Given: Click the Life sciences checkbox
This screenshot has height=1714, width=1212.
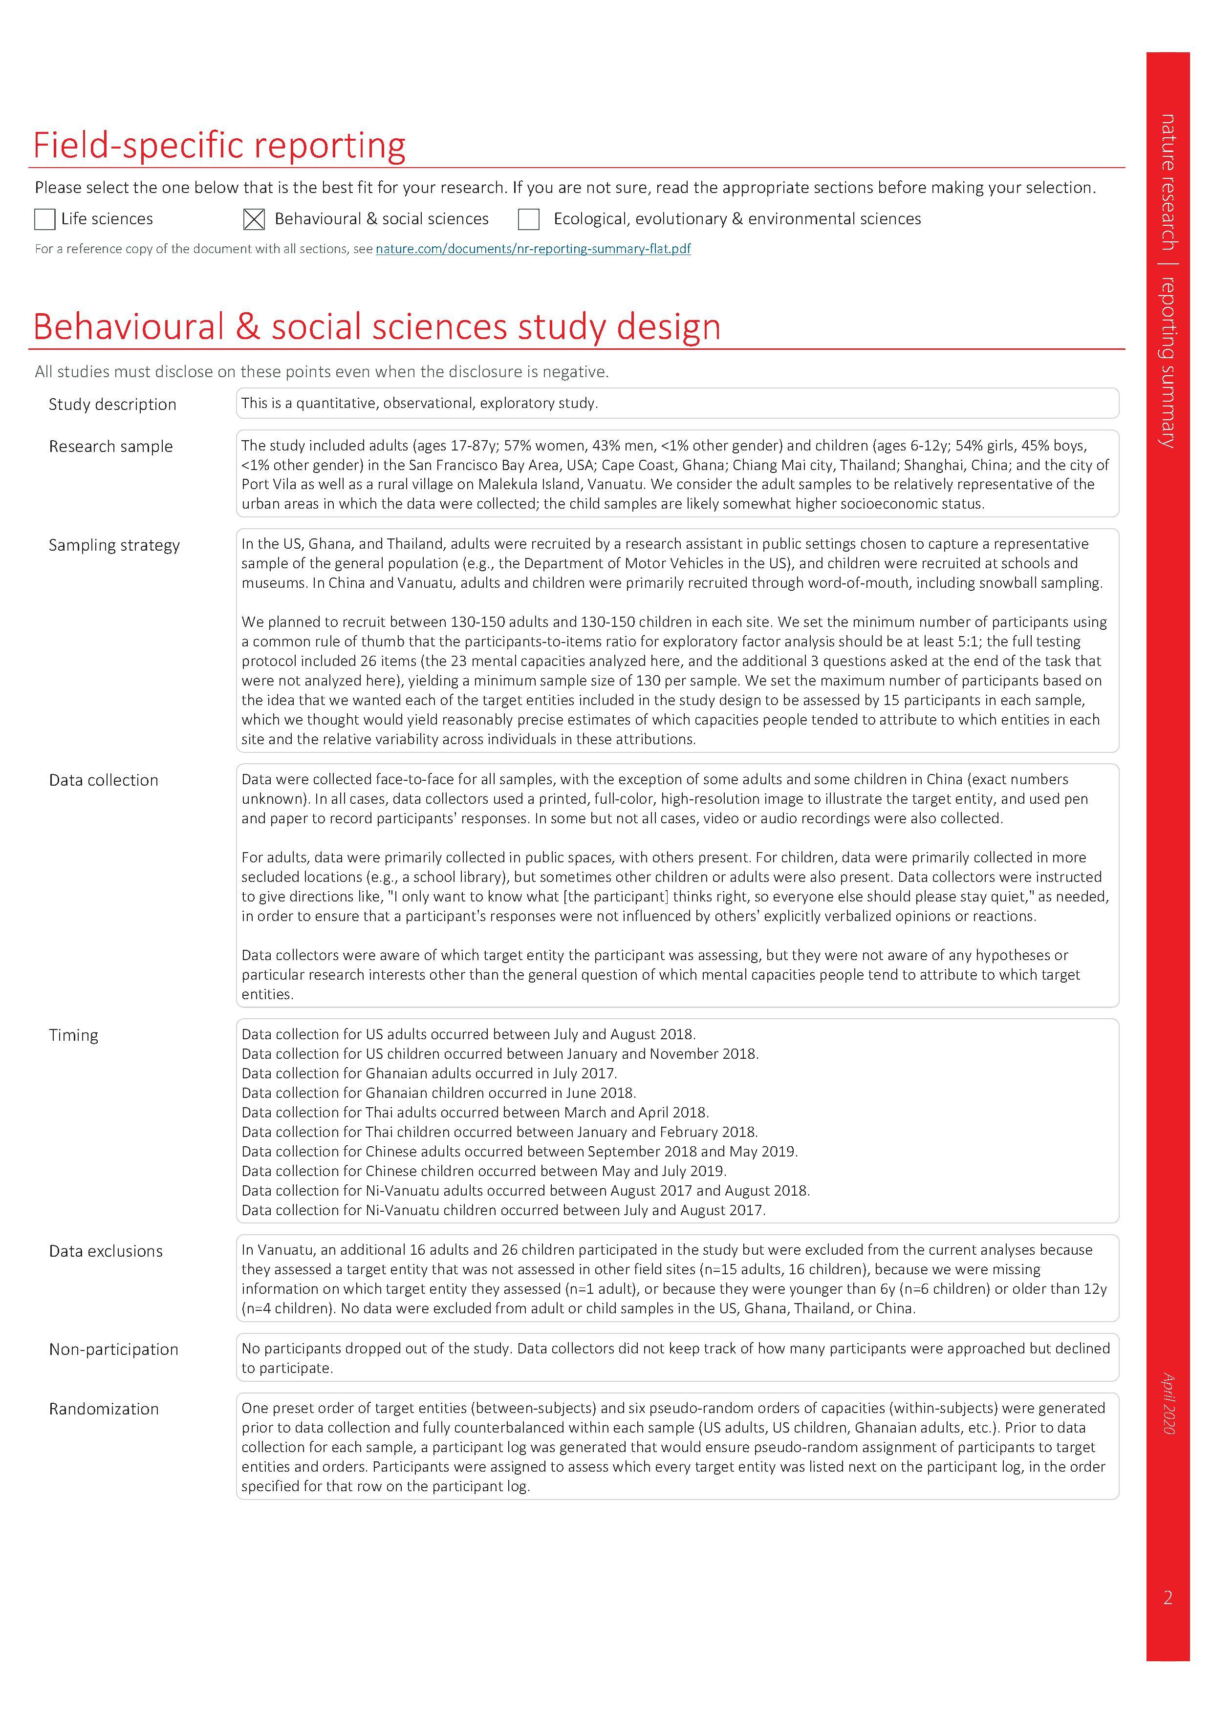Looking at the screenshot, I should [x=45, y=219].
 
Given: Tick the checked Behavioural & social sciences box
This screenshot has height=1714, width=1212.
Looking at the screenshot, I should [x=254, y=219].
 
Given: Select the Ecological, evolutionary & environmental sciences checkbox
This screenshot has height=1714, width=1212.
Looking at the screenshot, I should [x=529, y=219].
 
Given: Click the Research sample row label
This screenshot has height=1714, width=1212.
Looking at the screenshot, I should [x=110, y=447].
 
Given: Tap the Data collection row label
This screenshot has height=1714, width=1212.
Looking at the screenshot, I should [x=104, y=780].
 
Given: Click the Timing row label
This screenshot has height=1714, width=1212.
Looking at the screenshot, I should [x=73, y=1035].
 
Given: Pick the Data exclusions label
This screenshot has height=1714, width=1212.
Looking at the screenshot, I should [x=105, y=1251].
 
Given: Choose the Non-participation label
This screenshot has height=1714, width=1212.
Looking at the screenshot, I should [x=113, y=1349].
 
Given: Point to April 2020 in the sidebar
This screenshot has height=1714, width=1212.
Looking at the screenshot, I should [x=1168, y=1403].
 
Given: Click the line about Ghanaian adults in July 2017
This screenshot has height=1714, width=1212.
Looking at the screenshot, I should [x=429, y=1073].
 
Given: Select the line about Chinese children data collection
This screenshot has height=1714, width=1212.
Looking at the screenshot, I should [x=483, y=1171].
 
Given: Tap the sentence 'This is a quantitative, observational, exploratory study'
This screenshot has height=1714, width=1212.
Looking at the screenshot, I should [x=419, y=403].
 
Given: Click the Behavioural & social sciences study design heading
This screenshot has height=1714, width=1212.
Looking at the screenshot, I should [x=376, y=326].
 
